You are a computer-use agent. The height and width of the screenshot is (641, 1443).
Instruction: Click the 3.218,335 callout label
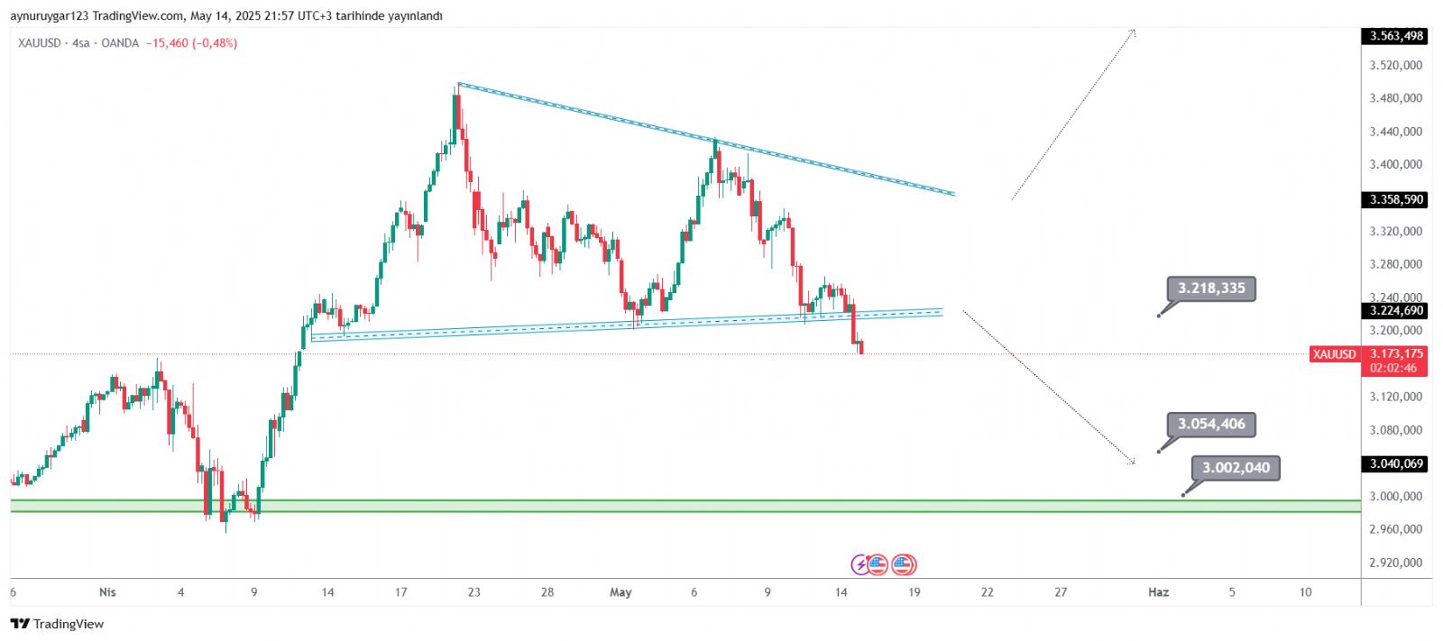1210,288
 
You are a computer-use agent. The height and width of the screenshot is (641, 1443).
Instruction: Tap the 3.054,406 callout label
1210,424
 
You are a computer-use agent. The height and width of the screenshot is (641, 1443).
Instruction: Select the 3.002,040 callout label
1235,468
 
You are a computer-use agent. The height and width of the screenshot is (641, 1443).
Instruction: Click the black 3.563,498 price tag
1395,36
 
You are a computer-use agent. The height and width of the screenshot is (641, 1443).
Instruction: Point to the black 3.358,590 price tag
1395,199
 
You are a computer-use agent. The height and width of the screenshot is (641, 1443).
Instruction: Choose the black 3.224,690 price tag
1395,310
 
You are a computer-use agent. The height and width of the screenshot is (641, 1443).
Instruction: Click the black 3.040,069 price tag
1395,463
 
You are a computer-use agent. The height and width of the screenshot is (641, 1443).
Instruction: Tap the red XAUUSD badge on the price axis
1334,354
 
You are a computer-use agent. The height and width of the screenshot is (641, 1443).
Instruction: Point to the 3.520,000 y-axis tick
1395,65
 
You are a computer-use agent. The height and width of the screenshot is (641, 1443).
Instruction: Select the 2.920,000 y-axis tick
1395,563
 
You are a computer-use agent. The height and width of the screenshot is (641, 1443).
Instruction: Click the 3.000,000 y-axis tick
1395,496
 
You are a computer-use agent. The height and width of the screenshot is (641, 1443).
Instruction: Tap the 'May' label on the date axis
620,592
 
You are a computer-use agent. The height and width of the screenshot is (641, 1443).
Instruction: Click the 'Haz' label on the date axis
1158,592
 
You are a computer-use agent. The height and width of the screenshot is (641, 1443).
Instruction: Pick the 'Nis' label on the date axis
107,592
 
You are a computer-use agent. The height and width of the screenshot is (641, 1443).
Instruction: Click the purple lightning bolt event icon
860,565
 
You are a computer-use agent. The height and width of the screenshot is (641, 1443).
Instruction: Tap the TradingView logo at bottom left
57,624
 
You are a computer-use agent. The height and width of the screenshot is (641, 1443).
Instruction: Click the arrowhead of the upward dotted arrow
1133,32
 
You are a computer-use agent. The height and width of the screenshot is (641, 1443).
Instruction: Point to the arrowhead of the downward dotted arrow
1133,462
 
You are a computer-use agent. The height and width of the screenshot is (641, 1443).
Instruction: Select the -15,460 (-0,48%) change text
191,43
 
